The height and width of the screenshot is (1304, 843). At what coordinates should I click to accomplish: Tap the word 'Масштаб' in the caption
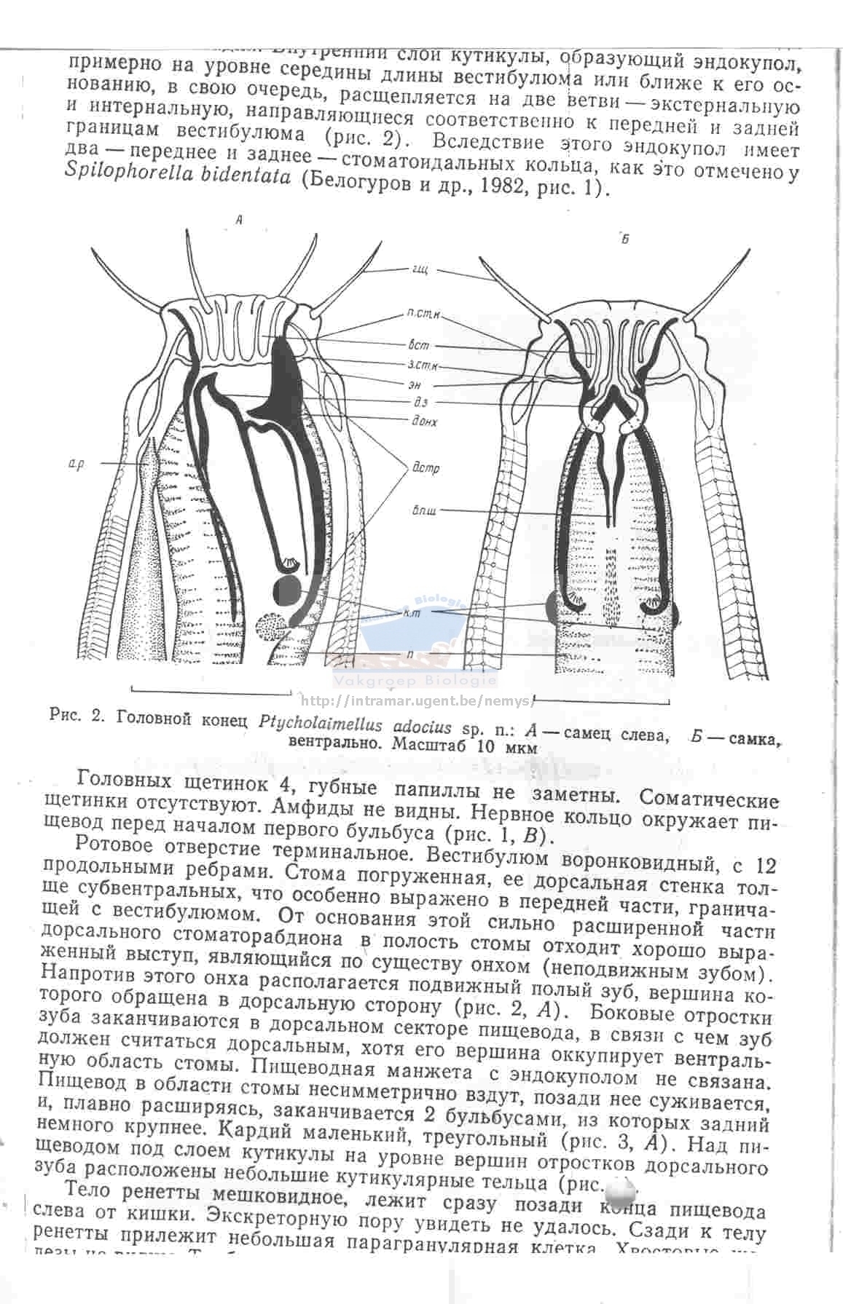click(x=431, y=746)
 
